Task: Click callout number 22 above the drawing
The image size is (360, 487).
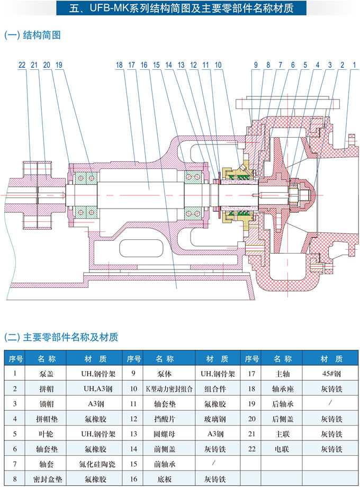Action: coord(22,65)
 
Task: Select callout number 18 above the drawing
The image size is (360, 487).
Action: coord(119,65)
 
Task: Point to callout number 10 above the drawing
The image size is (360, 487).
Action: coord(219,65)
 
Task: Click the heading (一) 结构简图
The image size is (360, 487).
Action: coord(32,35)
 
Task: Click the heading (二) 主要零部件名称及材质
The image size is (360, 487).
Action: coord(61,337)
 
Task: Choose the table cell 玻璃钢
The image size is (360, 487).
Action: coord(216,419)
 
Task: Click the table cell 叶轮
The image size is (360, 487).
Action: coord(47,435)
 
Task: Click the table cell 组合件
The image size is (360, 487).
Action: coord(216,389)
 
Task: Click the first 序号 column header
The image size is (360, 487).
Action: coord(15,359)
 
